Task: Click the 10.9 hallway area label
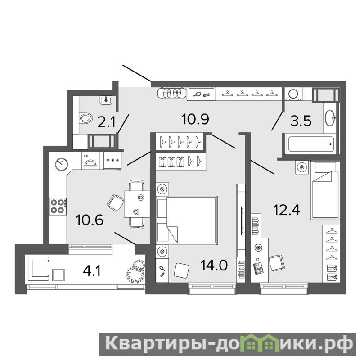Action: coord(195,119)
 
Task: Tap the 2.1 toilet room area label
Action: coord(106,121)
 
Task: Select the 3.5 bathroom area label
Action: coord(301,121)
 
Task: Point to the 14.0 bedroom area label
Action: coord(214,265)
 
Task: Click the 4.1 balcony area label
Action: coord(92,271)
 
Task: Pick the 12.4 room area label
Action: coord(287,210)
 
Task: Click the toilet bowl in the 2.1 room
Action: coord(86,119)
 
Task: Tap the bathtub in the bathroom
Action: coord(311,144)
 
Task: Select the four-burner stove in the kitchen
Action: coord(58,207)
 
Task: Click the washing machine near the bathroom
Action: coord(293,94)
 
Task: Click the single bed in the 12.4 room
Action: coord(324,190)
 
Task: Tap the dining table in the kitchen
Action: coord(137,204)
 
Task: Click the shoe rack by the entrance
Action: coord(171,94)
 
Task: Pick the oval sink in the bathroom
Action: coord(330,118)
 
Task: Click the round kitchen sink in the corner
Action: coord(62,164)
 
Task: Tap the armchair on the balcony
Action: coord(39,268)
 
